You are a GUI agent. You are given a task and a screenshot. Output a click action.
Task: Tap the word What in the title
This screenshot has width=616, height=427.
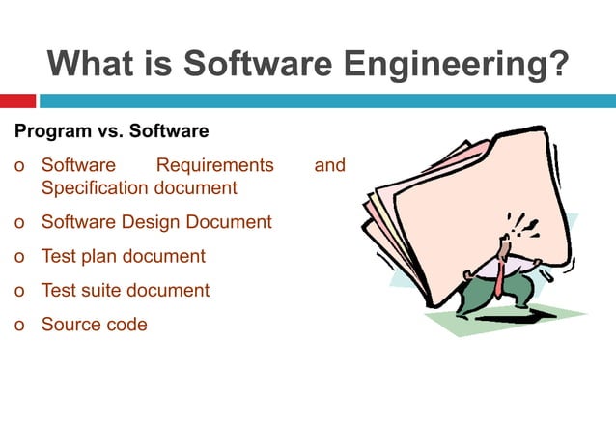[x=93, y=65]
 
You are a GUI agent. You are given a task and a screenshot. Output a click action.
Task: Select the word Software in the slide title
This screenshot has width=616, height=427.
[x=255, y=65]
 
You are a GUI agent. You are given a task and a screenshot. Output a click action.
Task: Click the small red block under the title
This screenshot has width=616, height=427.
[x=17, y=100]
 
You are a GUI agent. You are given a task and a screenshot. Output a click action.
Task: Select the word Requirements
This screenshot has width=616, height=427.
[x=214, y=166]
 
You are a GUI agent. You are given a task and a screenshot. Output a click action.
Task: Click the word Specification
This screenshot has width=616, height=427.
[x=97, y=187]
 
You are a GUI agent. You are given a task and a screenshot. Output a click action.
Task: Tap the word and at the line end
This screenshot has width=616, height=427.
[x=330, y=166]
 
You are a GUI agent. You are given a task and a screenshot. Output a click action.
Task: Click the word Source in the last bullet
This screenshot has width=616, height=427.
[x=70, y=325]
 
